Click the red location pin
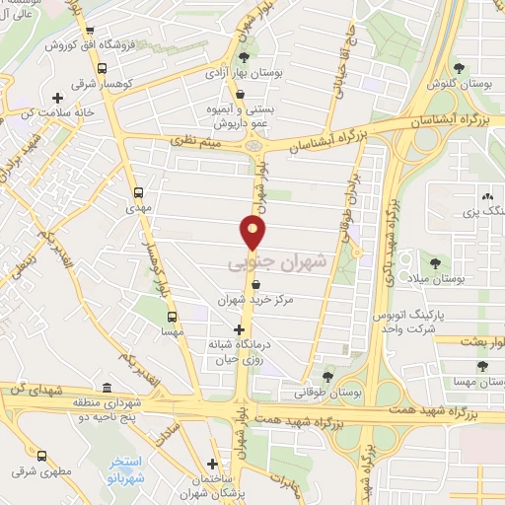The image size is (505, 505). click(x=254, y=233)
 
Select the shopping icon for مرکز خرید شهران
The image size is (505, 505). click(x=255, y=284)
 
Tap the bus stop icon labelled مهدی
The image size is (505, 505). click(x=137, y=193)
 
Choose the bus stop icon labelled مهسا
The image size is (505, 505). click(x=172, y=318)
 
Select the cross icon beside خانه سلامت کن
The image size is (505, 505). click(x=57, y=98)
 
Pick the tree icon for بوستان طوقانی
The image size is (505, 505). click(x=328, y=376)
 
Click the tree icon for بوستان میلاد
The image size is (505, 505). click(x=435, y=262)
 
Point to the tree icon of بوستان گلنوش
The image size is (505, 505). click(x=460, y=67)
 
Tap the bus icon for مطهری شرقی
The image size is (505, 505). click(x=40, y=456)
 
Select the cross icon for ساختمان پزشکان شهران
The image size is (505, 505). click(x=213, y=465)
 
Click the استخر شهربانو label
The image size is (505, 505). click(x=126, y=469)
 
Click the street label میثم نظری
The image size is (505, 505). click(x=184, y=145)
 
